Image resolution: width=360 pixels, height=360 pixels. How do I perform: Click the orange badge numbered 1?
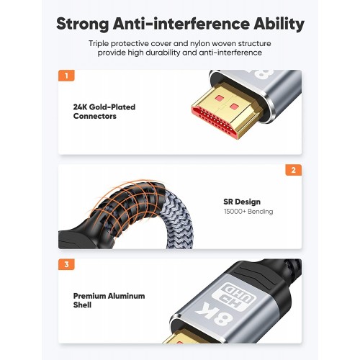(66, 76)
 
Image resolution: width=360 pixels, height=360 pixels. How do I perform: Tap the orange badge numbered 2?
(294, 170)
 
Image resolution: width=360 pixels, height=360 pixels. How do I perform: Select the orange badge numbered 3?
(66, 264)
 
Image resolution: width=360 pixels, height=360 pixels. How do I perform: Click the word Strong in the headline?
(82, 24)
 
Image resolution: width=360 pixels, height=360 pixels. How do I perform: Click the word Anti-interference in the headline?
(181, 24)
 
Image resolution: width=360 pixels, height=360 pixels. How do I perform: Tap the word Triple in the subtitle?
(99, 44)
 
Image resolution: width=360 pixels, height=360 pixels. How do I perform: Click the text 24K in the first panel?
(80, 107)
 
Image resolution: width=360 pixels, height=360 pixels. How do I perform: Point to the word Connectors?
(95, 116)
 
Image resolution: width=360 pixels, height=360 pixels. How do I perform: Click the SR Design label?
(242, 202)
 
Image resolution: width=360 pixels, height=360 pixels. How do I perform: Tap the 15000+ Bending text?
(248, 212)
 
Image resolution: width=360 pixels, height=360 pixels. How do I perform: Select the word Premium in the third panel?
(89, 296)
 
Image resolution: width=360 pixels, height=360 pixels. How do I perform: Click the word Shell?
(82, 305)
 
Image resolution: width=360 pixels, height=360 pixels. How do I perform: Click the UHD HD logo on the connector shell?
(233, 294)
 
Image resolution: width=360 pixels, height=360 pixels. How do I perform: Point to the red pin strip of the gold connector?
(215, 122)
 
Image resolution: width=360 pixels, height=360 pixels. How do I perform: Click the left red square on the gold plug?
(220, 98)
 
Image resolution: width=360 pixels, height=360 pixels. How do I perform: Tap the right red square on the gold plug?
(233, 106)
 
